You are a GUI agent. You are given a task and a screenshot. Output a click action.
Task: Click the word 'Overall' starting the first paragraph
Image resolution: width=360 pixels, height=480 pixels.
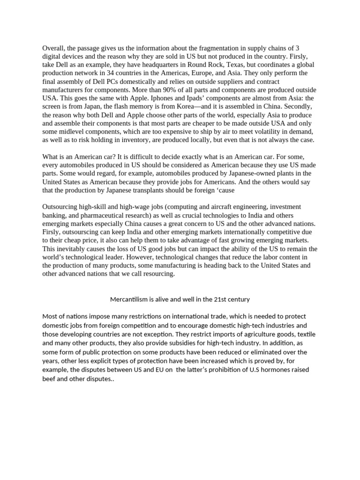click(53, 48)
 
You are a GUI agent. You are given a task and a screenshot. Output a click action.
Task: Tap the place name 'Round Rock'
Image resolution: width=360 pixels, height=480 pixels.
click(209, 65)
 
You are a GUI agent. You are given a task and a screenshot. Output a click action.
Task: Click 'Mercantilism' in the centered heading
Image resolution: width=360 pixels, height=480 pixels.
click(130, 299)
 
